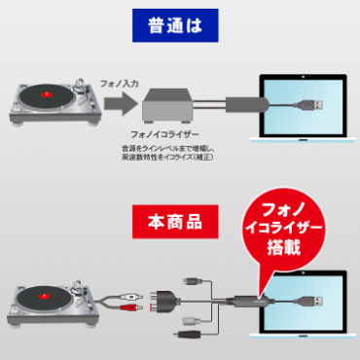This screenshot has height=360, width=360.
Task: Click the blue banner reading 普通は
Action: pos(180,24)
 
